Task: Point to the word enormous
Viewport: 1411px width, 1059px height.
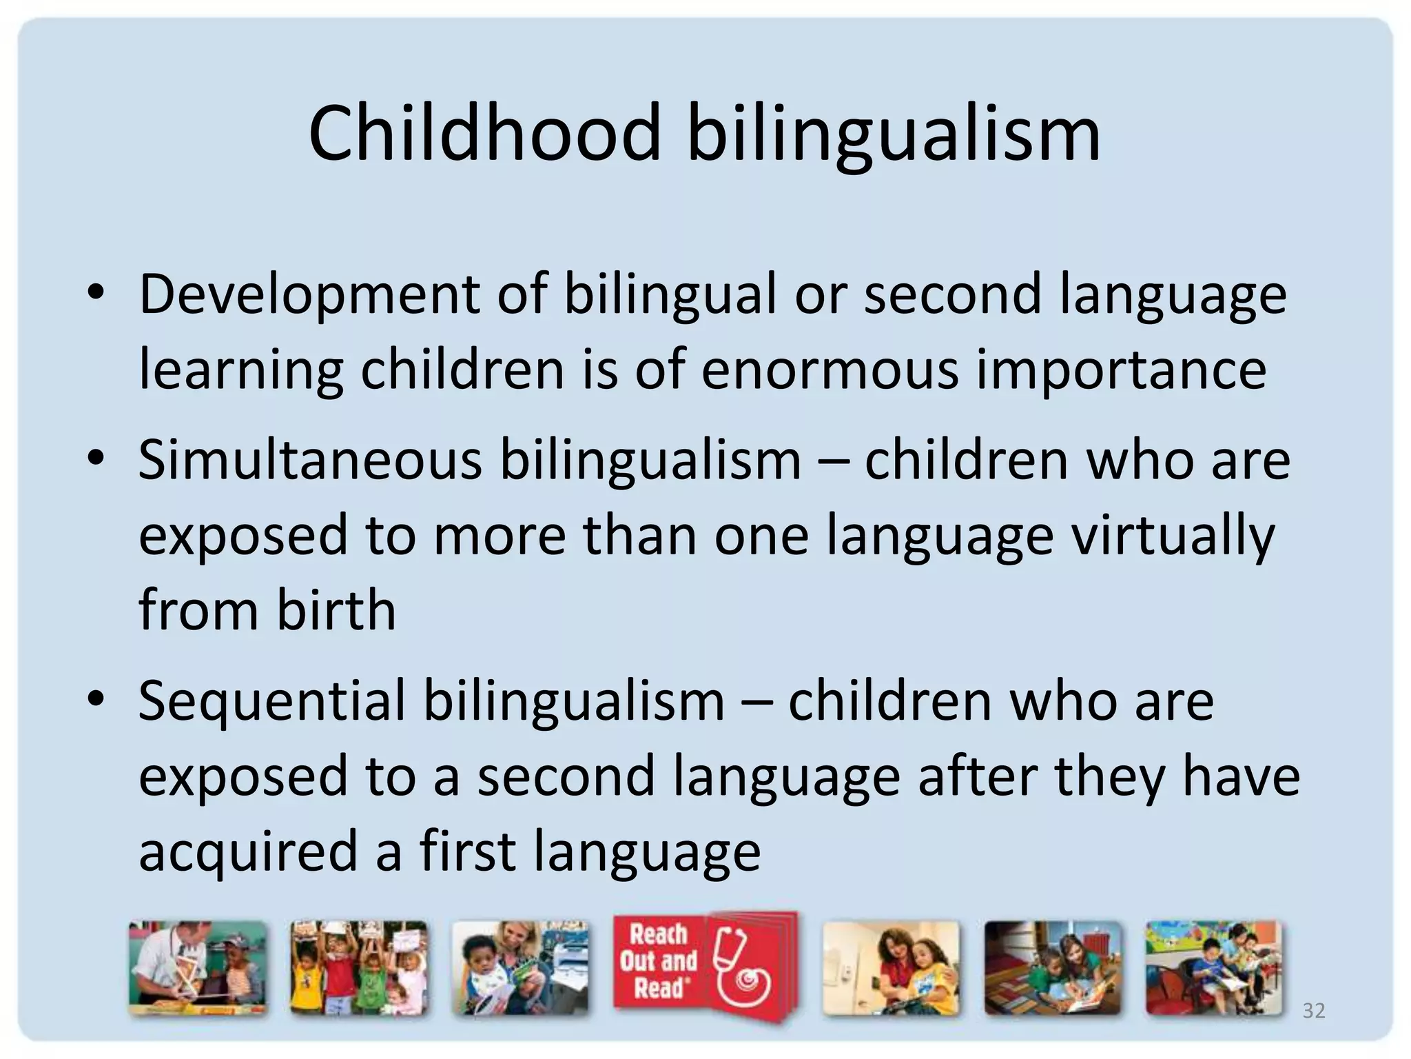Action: pyautogui.click(x=830, y=370)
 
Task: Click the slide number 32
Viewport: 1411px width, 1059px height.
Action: pyautogui.click(x=1313, y=1011)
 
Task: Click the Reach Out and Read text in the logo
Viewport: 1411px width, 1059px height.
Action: pyautogui.click(x=658, y=961)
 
